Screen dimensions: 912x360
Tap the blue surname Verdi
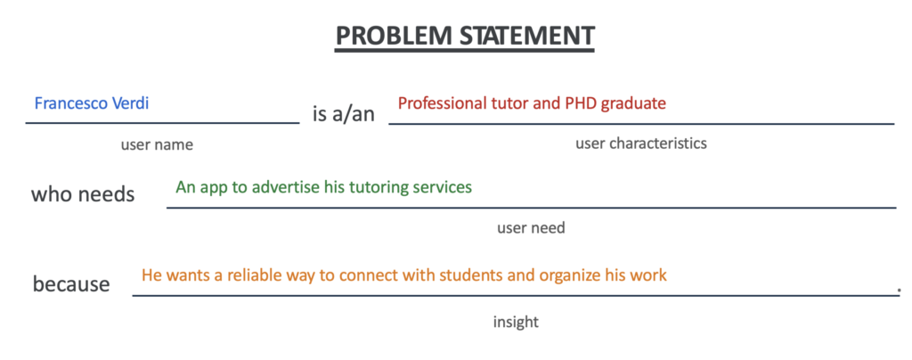(131, 103)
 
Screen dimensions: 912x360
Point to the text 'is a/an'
(344, 115)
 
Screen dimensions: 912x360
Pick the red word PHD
(581, 103)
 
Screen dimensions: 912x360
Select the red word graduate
(633, 104)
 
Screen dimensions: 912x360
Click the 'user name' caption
(157, 145)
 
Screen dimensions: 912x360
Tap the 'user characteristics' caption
(641, 143)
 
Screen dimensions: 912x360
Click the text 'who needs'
(83, 194)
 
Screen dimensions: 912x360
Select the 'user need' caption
(531, 227)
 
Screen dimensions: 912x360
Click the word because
(71, 284)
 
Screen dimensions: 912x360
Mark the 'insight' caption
(516, 322)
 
